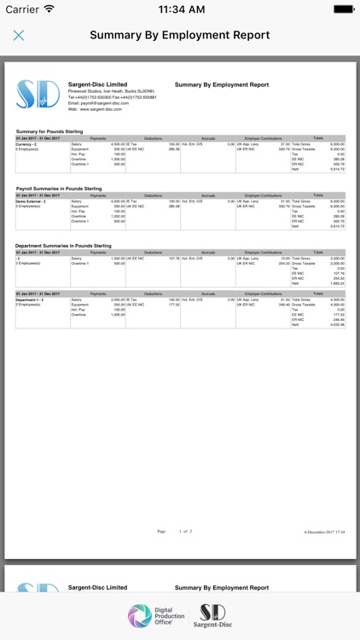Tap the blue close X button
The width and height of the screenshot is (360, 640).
coord(19,36)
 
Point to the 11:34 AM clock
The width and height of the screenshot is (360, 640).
coord(180,9)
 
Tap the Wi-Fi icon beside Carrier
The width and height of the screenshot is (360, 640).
coord(49,9)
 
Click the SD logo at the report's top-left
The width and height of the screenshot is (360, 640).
coord(38,95)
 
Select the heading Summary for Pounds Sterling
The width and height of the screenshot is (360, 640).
coord(49,131)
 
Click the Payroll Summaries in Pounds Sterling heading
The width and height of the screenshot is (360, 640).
coord(59,189)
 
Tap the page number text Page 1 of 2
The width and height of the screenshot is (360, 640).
coord(174,531)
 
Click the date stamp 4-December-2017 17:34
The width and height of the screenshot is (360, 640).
coord(325,532)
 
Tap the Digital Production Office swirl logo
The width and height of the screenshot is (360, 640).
coord(142,616)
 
